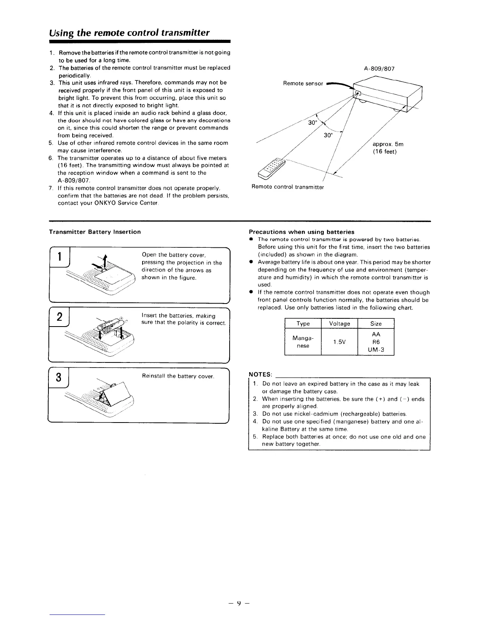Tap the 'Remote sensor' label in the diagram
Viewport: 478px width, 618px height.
[303, 83]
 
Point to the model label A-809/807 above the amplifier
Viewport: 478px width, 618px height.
[379, 69]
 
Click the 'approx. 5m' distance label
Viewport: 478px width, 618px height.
[388, 144]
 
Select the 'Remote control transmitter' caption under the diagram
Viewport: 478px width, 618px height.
[288, 187]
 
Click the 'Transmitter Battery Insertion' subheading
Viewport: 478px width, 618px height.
[95, 232]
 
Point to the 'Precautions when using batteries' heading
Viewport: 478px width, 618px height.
[301, 232]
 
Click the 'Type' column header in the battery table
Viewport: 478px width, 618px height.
[303, 323]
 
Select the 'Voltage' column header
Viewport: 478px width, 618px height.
[339, 323]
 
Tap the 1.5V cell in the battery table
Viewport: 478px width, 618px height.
[339, 342]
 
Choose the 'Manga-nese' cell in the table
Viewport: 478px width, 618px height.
[303, 342]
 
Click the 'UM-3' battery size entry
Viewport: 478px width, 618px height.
[376, 350]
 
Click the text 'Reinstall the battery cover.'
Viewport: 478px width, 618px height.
[178, 376]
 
